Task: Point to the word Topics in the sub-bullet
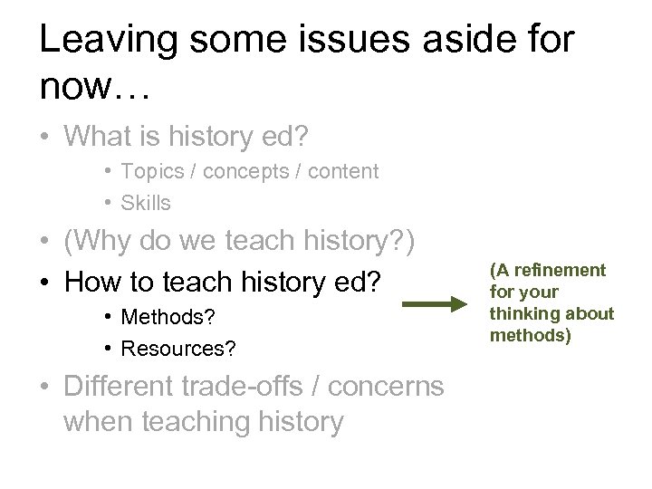point(145,171)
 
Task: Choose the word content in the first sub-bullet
point(344,171)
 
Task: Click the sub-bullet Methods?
point(162,318)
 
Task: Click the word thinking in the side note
point(521,313)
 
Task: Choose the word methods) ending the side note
point(523,335)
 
